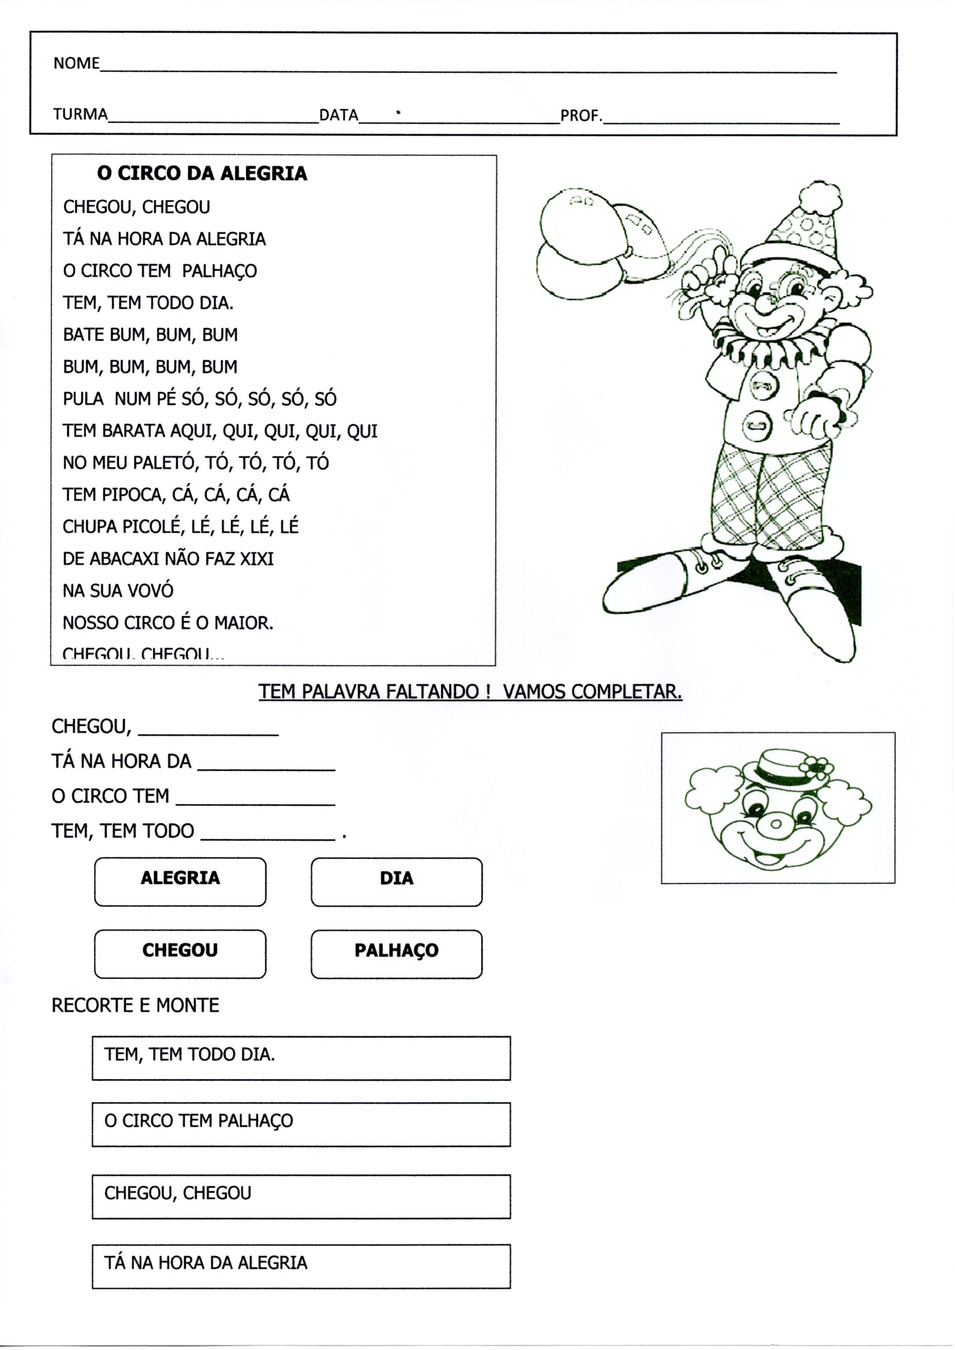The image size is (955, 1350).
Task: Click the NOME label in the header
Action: pyautogui.click(x=76, y=63)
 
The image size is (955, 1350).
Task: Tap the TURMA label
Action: pyautogui.click(x=81, y=114)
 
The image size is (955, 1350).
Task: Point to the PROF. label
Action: pyautogui.click(x=581, y=116)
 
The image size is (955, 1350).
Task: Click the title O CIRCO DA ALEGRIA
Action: pyautogui.click(x=202, y=173)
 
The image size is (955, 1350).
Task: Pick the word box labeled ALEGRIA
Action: pyautogui.click(x=180, y=882)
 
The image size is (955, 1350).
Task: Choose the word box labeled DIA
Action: pyautogui.click(x=396, y=882)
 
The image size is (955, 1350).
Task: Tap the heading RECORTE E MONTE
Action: pyautogui.click(x=135, y=1005)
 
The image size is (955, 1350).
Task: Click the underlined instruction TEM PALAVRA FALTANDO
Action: pyautogui.click(x=470, y=692)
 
